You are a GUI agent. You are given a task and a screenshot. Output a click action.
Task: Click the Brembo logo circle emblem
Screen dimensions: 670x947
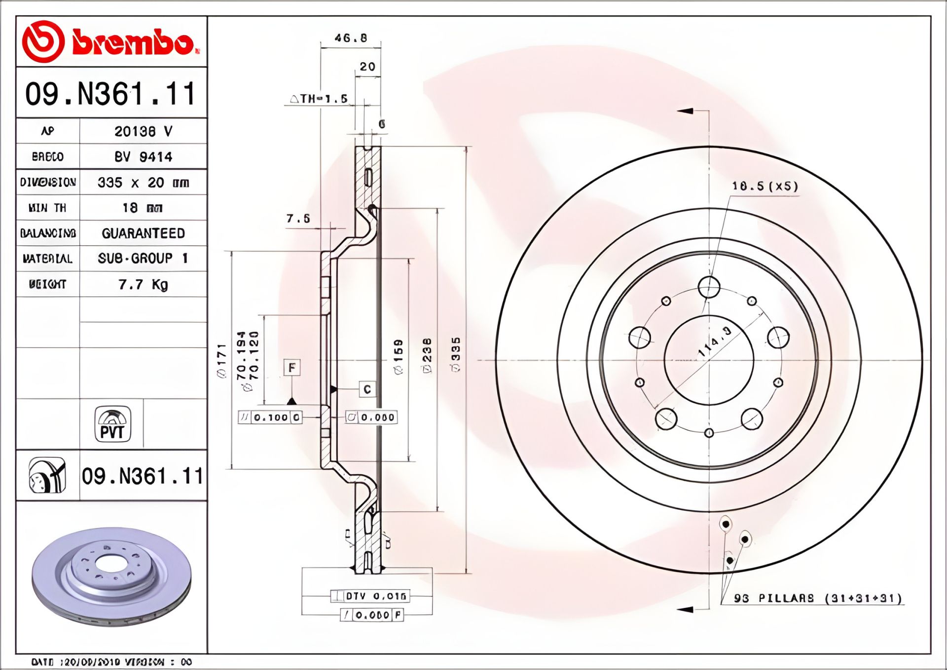coord(43,41)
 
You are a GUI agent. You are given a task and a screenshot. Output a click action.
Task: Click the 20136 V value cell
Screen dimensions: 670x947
coord(143,131)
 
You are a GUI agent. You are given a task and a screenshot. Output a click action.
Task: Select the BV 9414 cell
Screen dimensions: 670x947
coord(143,157)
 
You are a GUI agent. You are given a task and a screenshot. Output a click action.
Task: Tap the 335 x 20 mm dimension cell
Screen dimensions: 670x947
coord(143,183)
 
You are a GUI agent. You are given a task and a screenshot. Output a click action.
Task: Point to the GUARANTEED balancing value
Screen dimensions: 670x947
coord(143,233)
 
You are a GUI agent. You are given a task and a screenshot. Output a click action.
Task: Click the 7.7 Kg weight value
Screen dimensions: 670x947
coord(143,285)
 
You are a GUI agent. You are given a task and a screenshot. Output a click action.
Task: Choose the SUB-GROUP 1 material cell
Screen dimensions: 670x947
coord(143,259)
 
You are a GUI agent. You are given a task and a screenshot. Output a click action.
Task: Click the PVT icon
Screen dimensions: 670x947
coord(112,424)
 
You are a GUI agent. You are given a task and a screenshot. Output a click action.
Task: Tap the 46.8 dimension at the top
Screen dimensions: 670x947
coord(351,38)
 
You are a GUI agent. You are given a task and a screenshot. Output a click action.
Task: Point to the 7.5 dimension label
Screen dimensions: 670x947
coord(298,218)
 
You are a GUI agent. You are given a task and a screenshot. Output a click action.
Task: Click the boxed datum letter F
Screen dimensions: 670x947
coord(292,368)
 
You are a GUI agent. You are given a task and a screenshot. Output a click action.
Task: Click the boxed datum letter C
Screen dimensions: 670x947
coord(367,389)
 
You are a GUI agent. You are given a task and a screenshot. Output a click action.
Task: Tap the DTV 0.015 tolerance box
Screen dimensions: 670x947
coord(370,596)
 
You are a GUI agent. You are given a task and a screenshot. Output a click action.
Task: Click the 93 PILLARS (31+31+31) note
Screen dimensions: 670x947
coord(818,598)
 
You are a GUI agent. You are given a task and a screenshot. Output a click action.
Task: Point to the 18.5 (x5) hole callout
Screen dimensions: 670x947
coord(765,186)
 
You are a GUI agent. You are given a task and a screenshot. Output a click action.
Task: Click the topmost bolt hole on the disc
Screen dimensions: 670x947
coord(709,287)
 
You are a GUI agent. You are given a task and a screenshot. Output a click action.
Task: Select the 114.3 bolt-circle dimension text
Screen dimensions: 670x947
coord(715,341)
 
